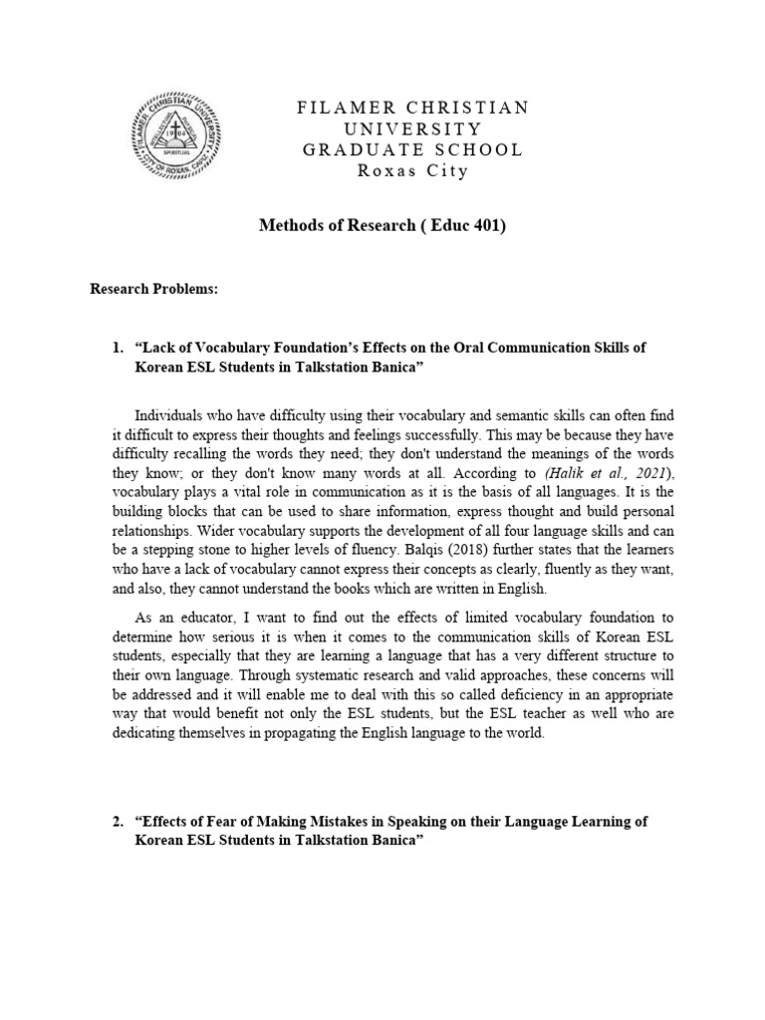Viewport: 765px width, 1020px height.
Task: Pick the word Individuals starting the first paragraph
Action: point(170,413)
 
